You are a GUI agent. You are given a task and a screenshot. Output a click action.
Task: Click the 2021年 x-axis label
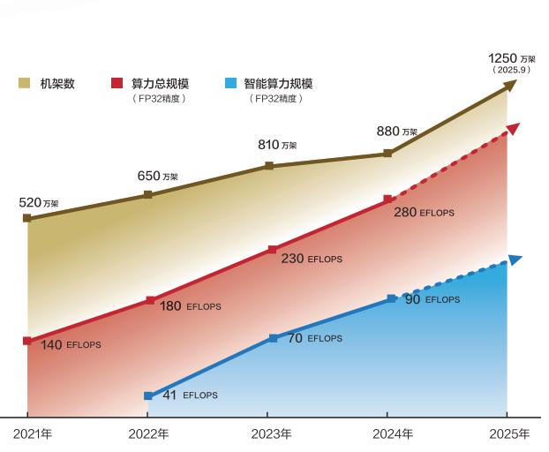33,434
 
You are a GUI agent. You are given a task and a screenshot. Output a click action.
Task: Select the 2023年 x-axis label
272,434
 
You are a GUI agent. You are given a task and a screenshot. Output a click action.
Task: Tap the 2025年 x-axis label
510,434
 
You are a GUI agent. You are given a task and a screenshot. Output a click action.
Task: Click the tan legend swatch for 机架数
25,84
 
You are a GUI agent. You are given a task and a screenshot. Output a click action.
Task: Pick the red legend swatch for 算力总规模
117,84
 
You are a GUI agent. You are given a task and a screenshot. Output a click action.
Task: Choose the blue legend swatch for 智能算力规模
230,84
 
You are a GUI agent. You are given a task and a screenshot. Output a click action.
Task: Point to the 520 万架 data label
38,203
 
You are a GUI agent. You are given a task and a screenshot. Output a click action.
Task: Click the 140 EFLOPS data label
71,344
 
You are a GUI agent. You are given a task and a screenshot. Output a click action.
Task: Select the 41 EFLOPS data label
190,395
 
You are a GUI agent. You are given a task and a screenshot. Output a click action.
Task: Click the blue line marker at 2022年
147,396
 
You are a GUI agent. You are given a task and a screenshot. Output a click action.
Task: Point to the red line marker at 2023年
272,250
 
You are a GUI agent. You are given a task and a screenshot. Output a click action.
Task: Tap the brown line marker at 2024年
387,154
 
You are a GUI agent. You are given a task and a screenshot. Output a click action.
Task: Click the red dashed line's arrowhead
514,129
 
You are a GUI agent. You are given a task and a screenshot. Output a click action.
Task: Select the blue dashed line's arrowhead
515,260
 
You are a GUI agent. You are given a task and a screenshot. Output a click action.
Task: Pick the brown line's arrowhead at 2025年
509,86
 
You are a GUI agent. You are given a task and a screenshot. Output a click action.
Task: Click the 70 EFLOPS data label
314,338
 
